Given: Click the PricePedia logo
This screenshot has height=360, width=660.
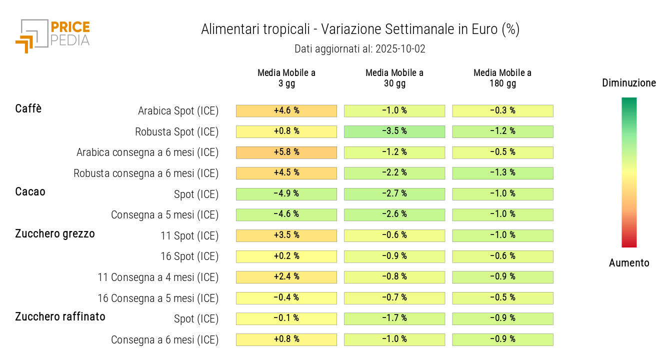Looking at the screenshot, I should click(52, 35).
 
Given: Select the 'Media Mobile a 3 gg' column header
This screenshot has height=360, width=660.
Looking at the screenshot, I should click(286, 78).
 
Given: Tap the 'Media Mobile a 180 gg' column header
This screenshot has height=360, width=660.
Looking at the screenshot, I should click(502, 78).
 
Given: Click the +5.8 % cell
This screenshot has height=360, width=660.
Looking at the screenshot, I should click(286, 152).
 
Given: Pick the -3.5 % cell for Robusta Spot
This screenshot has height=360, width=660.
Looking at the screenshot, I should click(394, 131).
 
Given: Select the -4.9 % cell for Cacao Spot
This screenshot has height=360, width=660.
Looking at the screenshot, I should click(286, 194).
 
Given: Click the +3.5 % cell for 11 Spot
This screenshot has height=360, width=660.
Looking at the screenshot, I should click(286, 235).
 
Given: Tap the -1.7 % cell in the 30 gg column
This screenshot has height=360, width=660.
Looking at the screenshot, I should click(394, 318).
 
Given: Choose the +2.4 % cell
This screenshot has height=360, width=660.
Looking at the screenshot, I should click(286, 277).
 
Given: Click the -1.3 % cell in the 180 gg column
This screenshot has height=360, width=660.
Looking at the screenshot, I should click(502, 173).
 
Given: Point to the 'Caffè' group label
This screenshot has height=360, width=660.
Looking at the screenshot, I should click(28, 108).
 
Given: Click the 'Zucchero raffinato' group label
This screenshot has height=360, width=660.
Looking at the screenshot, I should click(60, 316).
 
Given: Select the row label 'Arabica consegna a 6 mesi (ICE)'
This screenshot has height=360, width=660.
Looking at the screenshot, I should click(147, 152).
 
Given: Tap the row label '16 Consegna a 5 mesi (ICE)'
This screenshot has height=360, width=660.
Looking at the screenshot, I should click(158, 298).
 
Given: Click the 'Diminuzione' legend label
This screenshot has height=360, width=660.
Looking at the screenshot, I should click(629, 83).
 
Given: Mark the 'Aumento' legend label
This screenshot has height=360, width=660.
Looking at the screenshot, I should click(629, 263).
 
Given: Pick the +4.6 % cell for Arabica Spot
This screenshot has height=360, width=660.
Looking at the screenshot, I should click(286, 110).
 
